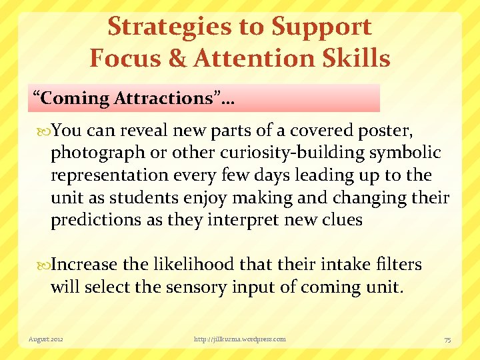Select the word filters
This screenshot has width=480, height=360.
click(397, 265)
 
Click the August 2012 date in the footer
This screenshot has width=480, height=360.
click(46, 339)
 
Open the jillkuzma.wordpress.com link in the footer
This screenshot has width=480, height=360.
click(240, 339)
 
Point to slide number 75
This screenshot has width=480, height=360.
click(448, 339)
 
